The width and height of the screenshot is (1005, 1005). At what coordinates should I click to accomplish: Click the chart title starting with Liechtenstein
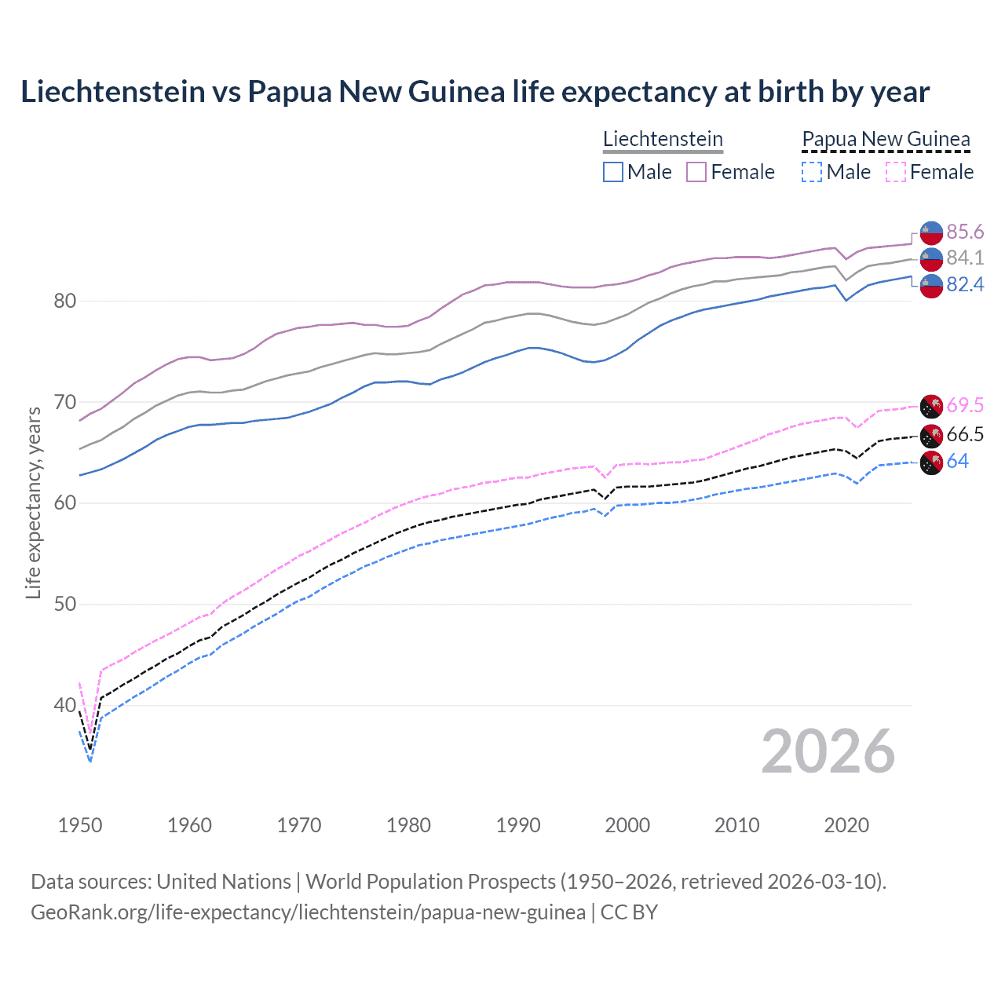tap(475, 92)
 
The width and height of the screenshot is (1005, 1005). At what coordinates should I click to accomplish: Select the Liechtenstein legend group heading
tap(663, 139)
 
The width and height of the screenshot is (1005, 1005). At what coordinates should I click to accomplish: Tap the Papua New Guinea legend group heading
tap(886, 139)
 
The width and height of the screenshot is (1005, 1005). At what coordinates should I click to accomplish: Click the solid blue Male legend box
tap(613, 172)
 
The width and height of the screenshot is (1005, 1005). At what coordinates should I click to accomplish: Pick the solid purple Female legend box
tap(696, 172)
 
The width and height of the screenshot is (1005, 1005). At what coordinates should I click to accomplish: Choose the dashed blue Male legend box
tap(812, 172)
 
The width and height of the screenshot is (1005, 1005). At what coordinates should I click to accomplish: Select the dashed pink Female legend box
tap(896, 172)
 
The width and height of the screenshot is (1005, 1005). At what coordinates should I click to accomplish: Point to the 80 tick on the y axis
tap(64, 301)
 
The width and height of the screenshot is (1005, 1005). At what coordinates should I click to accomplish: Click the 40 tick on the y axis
tap(64, 705)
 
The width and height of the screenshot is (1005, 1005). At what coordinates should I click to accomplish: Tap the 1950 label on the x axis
tap(80, 825)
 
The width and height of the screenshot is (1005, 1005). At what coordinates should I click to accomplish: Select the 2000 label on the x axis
tap(627, 825)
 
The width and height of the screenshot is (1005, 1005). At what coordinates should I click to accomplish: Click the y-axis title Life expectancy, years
tap(33, 502)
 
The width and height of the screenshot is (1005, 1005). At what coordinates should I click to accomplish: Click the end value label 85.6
tap(965, 232)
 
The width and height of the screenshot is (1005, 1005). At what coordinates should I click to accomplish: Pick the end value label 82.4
tap(965, 284)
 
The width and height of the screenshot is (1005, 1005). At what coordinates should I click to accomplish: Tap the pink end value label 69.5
tap(965, 405)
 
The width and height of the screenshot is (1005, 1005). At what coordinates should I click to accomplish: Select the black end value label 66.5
tap(965, 435)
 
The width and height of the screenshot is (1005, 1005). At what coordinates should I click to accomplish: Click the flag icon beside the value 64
tap(931, 462)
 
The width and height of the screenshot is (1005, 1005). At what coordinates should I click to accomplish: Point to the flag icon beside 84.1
tap(931, 258)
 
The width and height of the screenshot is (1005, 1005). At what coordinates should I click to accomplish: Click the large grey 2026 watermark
tap(828, 752)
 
